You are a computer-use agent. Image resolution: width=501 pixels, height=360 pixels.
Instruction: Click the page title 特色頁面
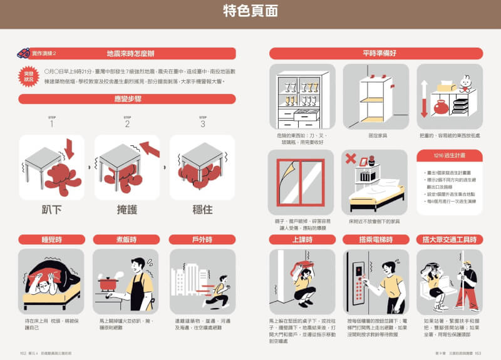pyautogui.click(x=250, y=11)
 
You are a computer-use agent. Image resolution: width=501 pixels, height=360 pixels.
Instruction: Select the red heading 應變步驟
pyautogui.click(x=127, y=99)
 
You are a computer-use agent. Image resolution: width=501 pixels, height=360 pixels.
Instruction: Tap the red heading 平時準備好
pyautogui.click(x=376, y=53)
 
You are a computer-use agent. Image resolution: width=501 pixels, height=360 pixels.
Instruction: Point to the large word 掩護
pyautogui.click(x=127, y=209)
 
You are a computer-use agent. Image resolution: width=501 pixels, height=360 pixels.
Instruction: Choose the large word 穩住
pyautogui.click(x=202, y=209)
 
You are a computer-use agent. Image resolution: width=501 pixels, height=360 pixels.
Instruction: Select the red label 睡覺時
pyautogui.click(x=51, y=239)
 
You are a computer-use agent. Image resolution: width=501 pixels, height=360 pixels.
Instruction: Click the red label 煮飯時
pyautogui.click(x=127, y=239)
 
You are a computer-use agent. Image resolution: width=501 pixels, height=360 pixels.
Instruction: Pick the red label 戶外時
pyautogui.click(x=202, y=239)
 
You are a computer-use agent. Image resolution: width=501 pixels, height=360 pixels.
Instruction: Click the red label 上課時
pyautogui.click(x=302, y=239)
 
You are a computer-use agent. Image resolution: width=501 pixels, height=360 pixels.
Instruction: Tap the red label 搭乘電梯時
pyautogui.click(x=376, y=239)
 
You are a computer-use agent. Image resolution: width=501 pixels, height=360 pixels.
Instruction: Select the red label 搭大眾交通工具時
pyautogui.click(x=450, y=239)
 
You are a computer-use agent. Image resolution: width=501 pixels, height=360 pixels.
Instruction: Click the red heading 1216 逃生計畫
pyautogui.click(x=450, y=155)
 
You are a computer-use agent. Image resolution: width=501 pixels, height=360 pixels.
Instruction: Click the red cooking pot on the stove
pyautogui.click(x=110, y=283)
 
